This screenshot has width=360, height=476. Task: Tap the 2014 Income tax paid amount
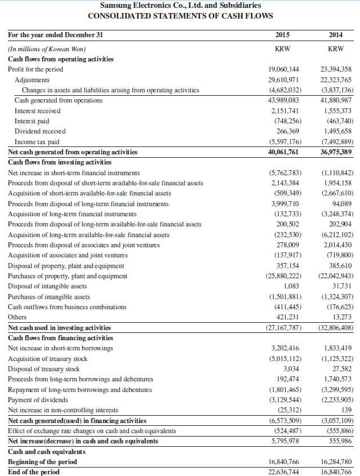[336, 142]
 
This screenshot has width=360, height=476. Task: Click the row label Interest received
[38, 111]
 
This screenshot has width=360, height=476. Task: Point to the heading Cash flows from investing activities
[60, 162]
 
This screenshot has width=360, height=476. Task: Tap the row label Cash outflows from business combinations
[67, 307]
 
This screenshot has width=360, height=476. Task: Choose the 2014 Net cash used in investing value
[336, 328]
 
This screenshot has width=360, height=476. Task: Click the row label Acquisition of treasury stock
[48, 358]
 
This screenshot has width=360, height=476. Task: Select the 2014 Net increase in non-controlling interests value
[345, 410]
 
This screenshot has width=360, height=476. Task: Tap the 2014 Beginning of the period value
[336, 462]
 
